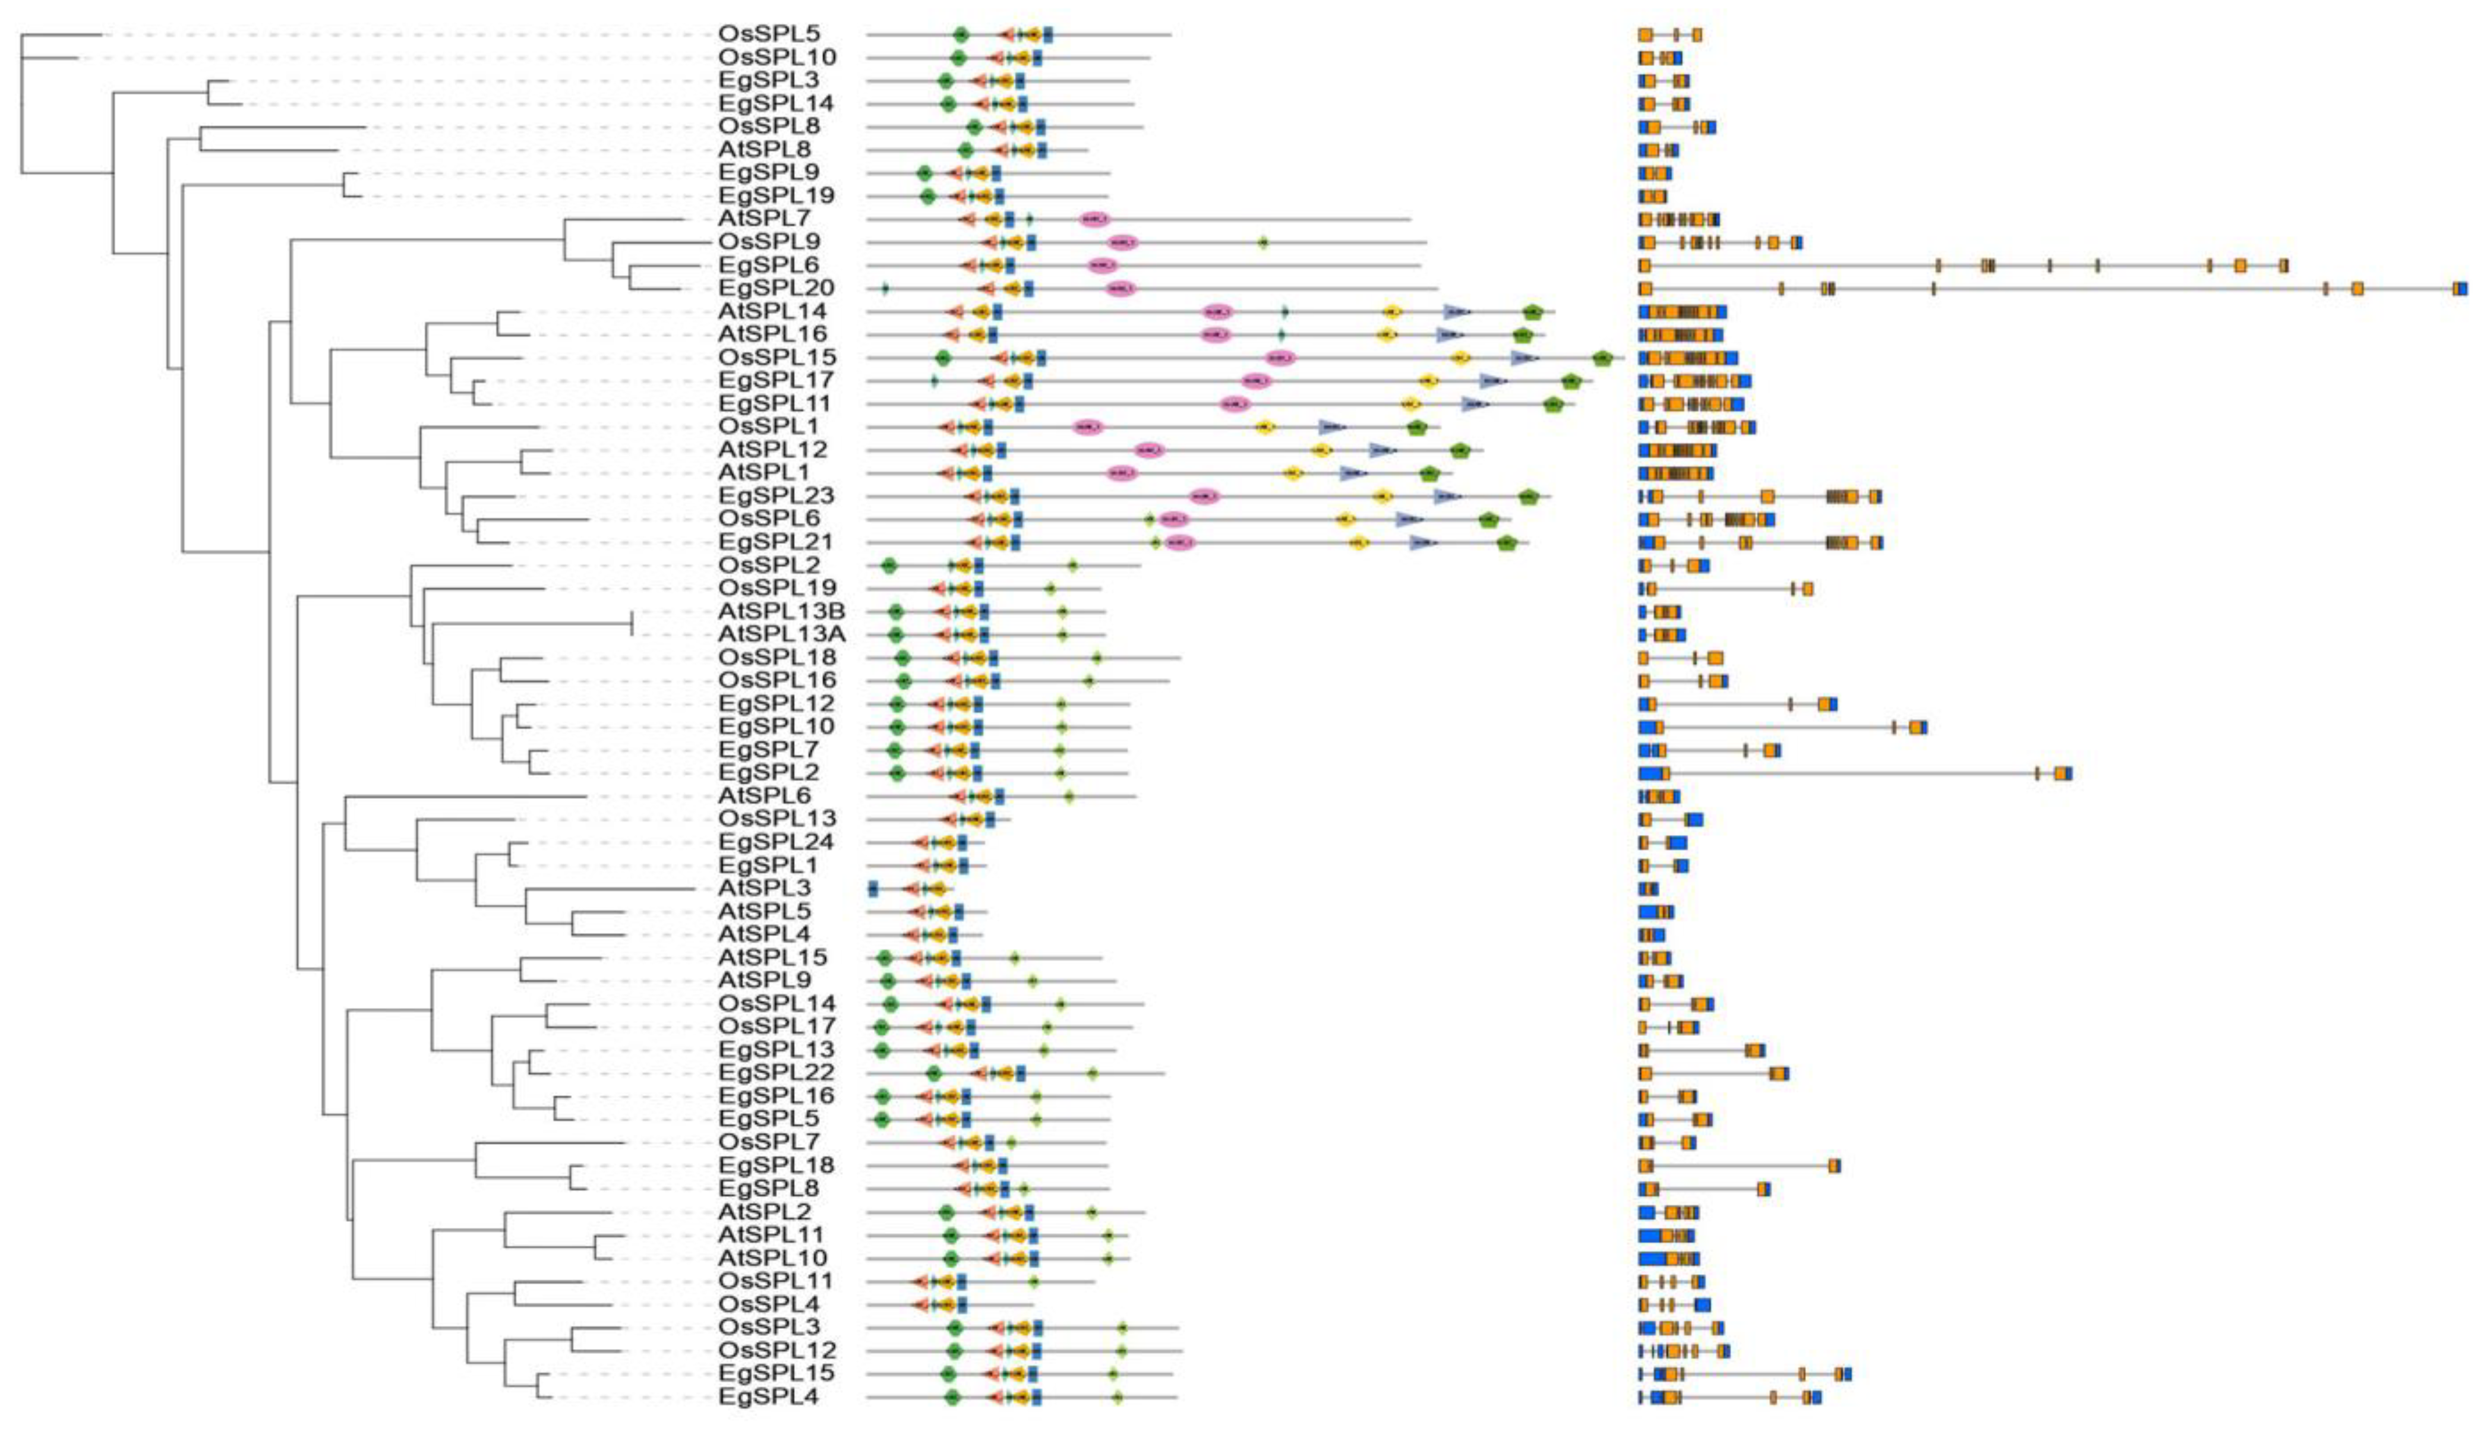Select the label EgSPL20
coord(777,288)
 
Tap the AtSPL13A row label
coord(781,634)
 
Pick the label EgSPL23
coord(777,495)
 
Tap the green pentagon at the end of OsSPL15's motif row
coord(1602,358)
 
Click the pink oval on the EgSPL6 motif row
coord(1102,266)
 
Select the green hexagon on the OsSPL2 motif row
coord(889,565)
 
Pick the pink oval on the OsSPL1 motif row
coord(1087,427)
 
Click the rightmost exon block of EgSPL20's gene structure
coord(2460,288)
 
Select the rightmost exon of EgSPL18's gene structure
coord(1834,1165)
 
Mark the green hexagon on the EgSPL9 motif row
coord(924,173)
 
